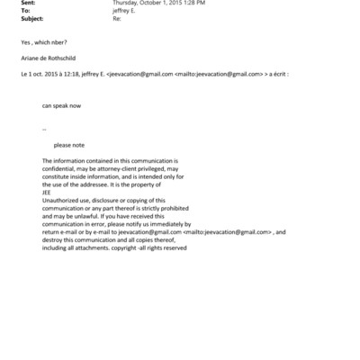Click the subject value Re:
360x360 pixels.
click(115, 17)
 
